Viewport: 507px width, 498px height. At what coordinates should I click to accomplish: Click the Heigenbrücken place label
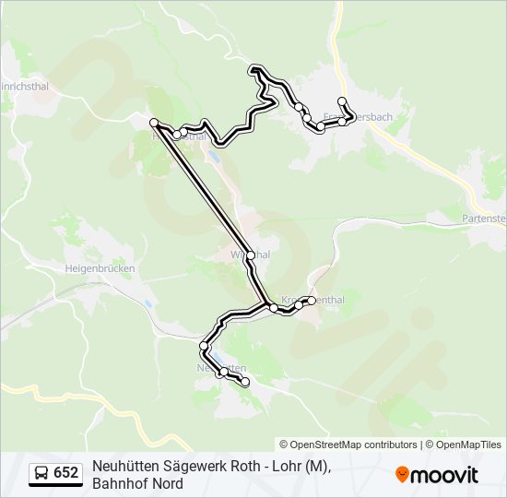tap(100, 268)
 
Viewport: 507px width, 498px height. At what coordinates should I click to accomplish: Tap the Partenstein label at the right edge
tap(485, 219)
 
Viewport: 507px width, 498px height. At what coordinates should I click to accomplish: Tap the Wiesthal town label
tap(250, 254)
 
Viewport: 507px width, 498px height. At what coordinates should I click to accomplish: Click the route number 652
tap(65, 473)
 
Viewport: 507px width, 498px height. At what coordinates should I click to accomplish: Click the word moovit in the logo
tap(445, 475)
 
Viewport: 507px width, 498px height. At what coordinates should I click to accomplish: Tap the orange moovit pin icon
tap(402, 474)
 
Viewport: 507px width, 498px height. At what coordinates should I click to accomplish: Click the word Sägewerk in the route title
tap(185, 467)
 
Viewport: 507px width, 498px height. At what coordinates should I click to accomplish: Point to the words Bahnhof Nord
tap(137, 483)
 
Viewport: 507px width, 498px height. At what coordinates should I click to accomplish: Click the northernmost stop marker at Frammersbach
tap(342, 101)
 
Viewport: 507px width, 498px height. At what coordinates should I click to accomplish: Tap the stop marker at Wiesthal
tap(250, 255)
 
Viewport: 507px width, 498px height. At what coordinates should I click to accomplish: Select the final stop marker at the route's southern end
tap(244, 381)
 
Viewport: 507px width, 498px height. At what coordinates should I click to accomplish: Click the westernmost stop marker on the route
tap(154, 122)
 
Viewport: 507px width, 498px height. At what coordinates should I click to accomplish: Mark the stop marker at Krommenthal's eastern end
tap(312, 300)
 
